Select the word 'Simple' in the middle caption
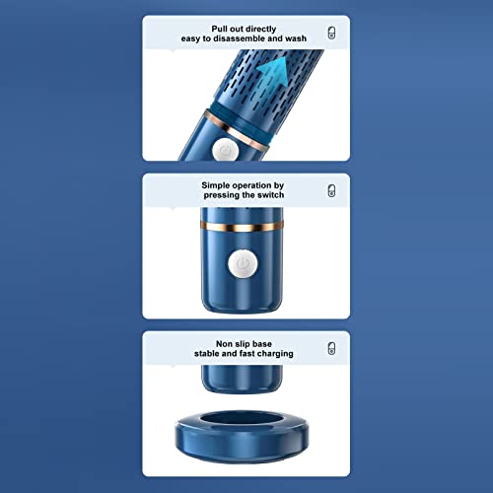[x=220, y=184]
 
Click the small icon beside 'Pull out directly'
[x=330, y=33]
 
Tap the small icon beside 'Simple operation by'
[x=330, y=190]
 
